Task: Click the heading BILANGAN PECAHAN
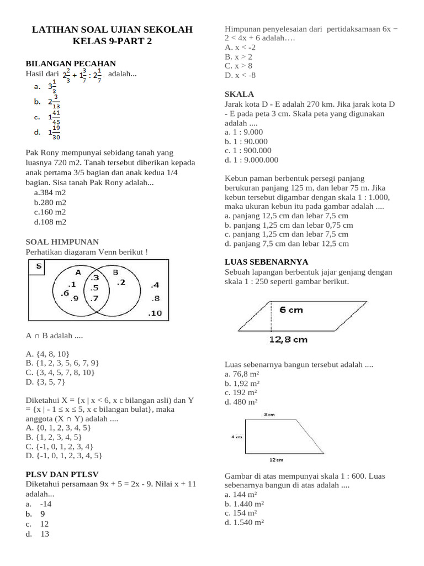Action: click(71, 64)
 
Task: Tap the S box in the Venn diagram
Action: click(38, 267)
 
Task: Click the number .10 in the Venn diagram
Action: click(155, 313)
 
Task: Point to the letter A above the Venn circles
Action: click(78, 272)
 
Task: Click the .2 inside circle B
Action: click(121, 282)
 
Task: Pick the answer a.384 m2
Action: click(50, 193)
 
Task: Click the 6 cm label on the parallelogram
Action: click(291, 310)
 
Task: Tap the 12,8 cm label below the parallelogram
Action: click(288, 339)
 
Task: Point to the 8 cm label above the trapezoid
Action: click(270, 414)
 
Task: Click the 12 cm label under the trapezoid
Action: click(276, 459)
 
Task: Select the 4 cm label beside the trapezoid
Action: click(236, 437)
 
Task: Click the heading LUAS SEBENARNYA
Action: click(267, 262)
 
